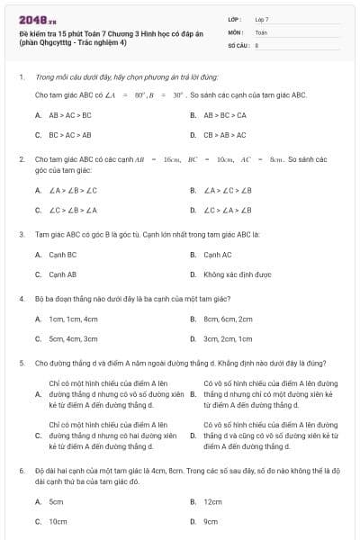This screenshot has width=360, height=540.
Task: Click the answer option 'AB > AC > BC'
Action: (69, 115)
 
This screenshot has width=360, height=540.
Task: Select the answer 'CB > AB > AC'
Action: (223, 135)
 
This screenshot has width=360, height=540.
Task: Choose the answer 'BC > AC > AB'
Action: (69, 135)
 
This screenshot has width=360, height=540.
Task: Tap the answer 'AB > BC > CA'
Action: (225, 115)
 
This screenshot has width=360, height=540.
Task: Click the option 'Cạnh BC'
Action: (62, 255)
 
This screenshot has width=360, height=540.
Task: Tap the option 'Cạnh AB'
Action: (62, 274)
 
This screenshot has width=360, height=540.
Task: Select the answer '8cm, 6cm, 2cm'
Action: (228, 319)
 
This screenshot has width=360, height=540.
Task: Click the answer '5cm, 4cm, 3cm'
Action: (73, 338)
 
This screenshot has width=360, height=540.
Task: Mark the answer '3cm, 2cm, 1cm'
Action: (228, 338)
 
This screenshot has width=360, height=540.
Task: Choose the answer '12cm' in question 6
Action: (212, 501)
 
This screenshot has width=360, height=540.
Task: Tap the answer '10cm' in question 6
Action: (58, 521)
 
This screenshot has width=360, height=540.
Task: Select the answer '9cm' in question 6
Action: (211, 521)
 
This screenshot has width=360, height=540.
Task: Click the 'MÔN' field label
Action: (235, 31)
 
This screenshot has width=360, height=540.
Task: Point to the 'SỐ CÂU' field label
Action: (237, 44)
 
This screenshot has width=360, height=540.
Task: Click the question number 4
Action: (21, 297)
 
